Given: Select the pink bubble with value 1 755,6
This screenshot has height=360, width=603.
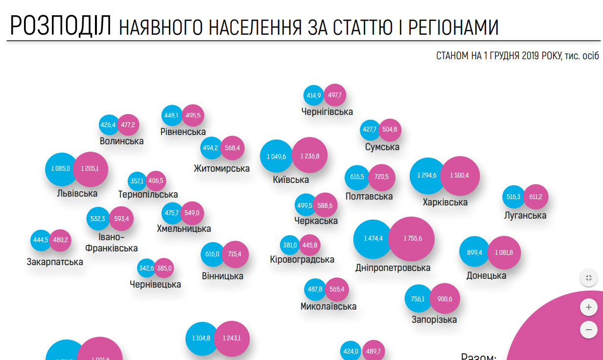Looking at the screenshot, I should tap(412, 239).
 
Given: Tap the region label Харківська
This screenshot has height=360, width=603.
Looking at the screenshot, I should tap(445, 202).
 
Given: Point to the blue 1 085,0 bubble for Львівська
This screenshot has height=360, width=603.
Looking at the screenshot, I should tap(62, 169).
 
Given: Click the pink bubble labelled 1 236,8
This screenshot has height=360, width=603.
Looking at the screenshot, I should tap(309, 156).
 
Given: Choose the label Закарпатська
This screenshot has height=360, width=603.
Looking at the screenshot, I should tap(55, 262).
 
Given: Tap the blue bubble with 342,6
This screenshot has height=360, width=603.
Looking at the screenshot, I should tap(146, 269).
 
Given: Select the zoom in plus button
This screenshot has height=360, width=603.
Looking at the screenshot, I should tap(589, 308).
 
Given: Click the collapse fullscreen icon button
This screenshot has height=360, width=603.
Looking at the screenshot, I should tap(589, 278).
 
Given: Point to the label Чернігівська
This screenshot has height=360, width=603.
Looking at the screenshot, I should tap(327, 112).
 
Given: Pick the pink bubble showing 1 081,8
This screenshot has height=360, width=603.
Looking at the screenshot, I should tap(504, 253).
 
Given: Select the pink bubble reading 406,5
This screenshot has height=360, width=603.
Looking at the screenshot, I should tap(156, 181).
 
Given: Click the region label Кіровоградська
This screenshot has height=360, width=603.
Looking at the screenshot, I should tap(302, 260).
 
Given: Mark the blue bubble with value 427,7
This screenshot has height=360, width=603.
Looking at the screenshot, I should tap(369, 130).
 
